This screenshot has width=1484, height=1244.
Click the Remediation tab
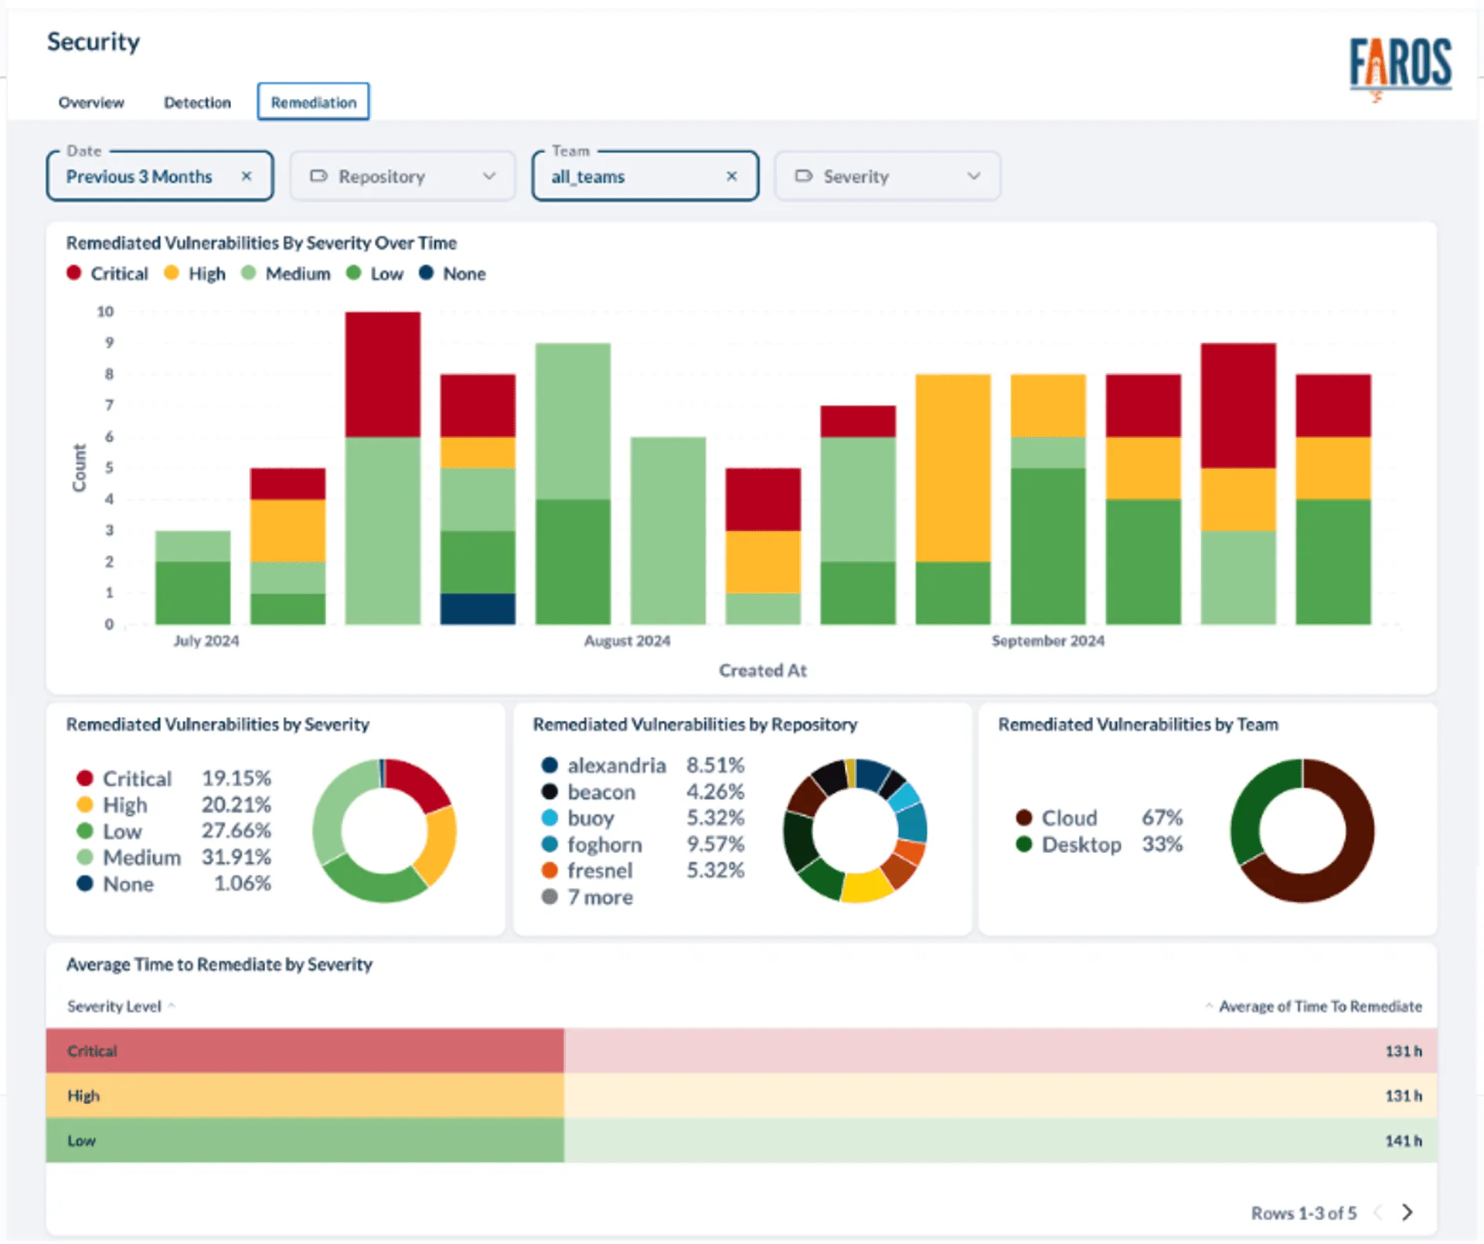[x=313, y=102]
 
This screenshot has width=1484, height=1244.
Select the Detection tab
[x=197, y=102]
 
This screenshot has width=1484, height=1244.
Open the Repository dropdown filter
[x=402, y=176]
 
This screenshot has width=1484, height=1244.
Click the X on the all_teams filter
[x=731, y=176]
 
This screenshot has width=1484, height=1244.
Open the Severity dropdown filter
[x=887, y=176]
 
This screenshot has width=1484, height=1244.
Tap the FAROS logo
[x=1400, y=65]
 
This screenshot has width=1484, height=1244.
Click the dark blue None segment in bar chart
[x=478, y=609]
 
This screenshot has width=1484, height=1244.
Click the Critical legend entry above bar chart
[x=108, y=274]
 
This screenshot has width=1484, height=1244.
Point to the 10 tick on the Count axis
[x=105, y=311]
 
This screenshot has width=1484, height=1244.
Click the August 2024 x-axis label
[x=627, y=641]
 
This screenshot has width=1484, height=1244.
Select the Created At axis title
[x=762, y=671]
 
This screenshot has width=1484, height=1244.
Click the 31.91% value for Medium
[x=236, y=857]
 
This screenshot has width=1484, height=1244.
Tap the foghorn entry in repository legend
[x=604, y=845]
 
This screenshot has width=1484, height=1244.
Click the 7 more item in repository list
[x=599, y=897]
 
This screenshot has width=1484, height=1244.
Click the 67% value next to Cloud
[x=1162, y=817]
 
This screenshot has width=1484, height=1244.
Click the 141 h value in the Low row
[x=1402, y=1140]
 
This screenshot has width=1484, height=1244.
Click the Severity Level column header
[x=114, y=1006]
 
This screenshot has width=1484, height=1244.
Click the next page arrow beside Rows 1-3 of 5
[x=1407, y=1212]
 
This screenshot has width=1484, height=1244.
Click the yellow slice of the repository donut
[x=866, y=886]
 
